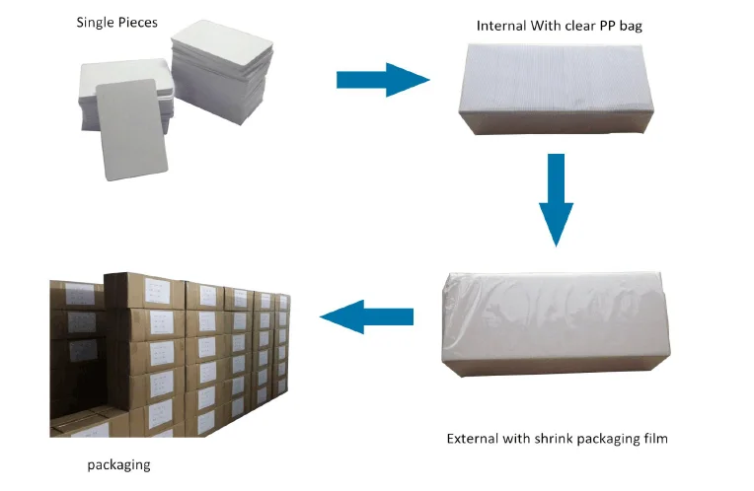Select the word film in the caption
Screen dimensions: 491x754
[x=653, y=438]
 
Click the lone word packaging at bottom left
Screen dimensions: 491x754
[x=117, y=463]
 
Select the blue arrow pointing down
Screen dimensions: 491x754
[x=557, y=197]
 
